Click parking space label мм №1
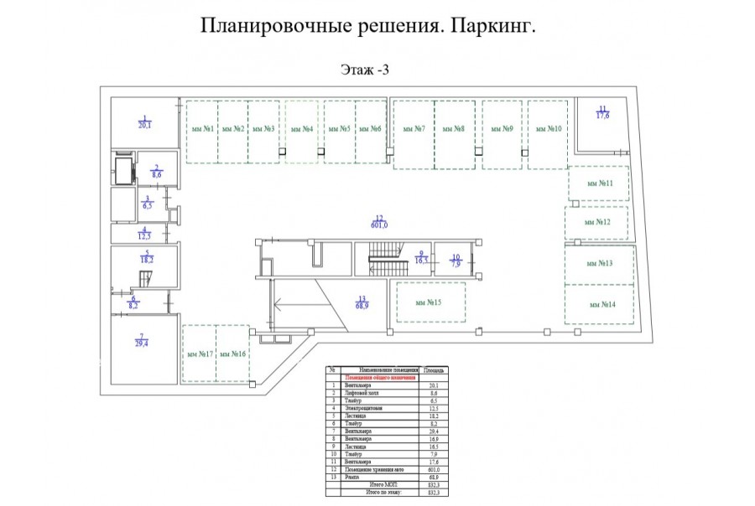(x=201, y=129)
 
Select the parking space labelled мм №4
(x=301, y=129)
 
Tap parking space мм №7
(x=414, y=129)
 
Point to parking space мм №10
(x=549, y=129)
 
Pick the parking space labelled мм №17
(x=199, y=354)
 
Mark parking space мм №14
(x=602, y=304)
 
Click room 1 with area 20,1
(x=144, y=122)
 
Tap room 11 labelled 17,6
(x=602, y=112)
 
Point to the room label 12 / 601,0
(x=379, y=220)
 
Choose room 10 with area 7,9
(x=456, y=261)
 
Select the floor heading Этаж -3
(x=365, y=70)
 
